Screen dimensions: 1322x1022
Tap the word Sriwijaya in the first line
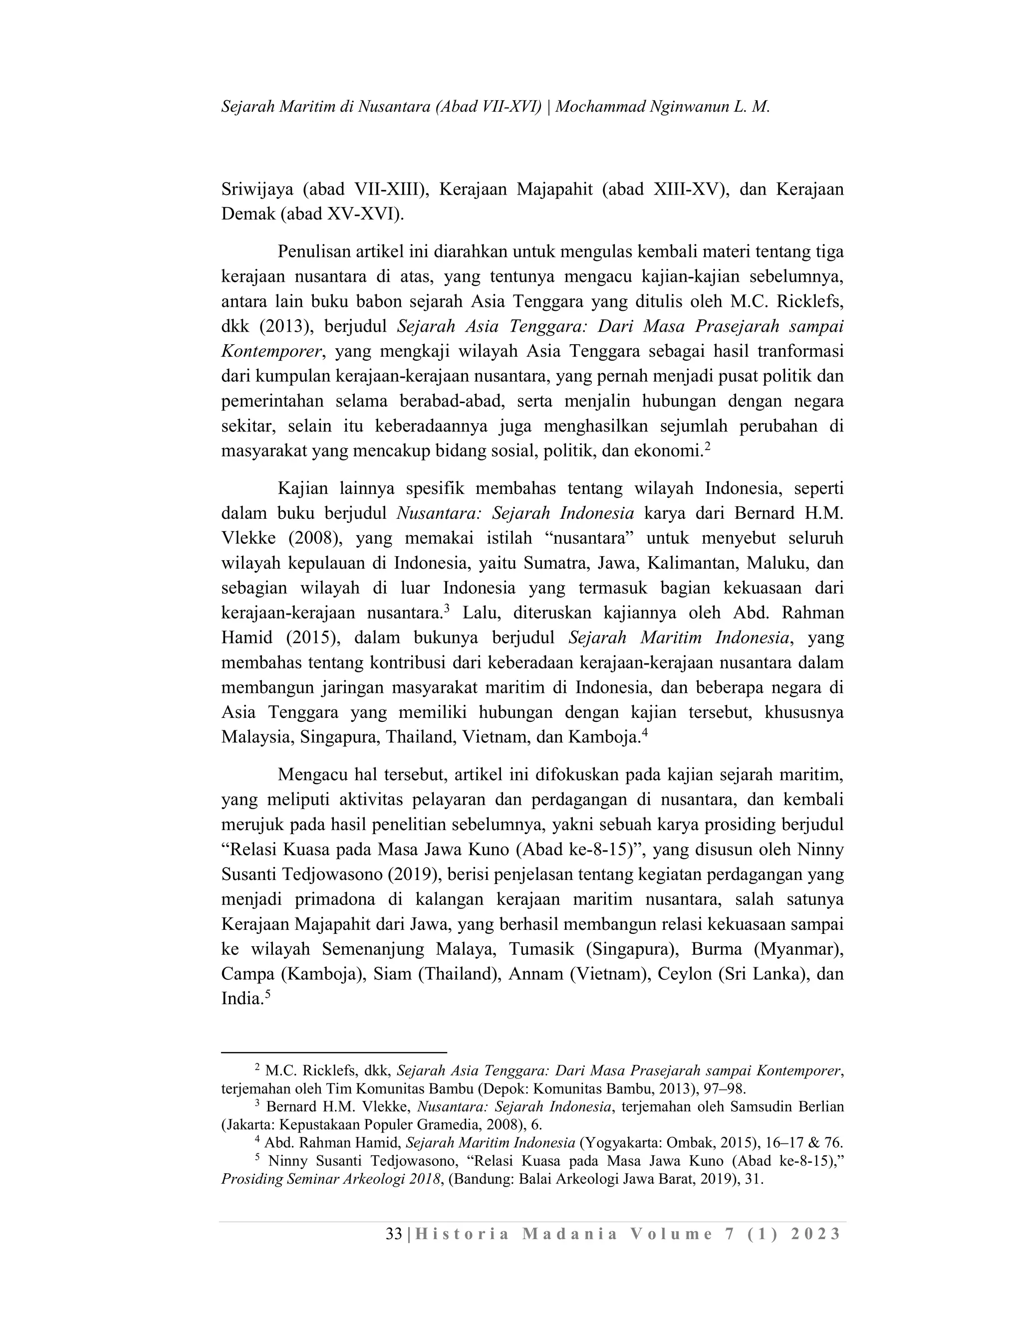pos(255,190)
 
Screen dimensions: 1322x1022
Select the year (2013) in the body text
pos(285,326)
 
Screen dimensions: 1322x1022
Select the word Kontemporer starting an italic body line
pos(270,351)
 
